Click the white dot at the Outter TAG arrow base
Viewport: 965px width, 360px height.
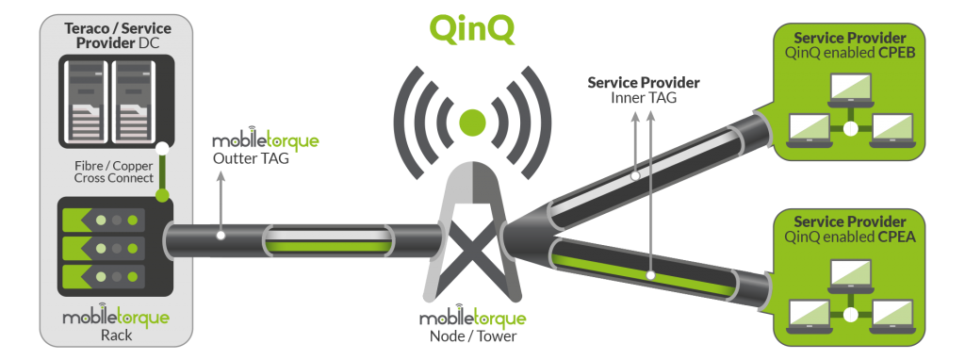click(x=219, y=235)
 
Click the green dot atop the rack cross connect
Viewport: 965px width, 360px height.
click(x=162, y=196)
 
